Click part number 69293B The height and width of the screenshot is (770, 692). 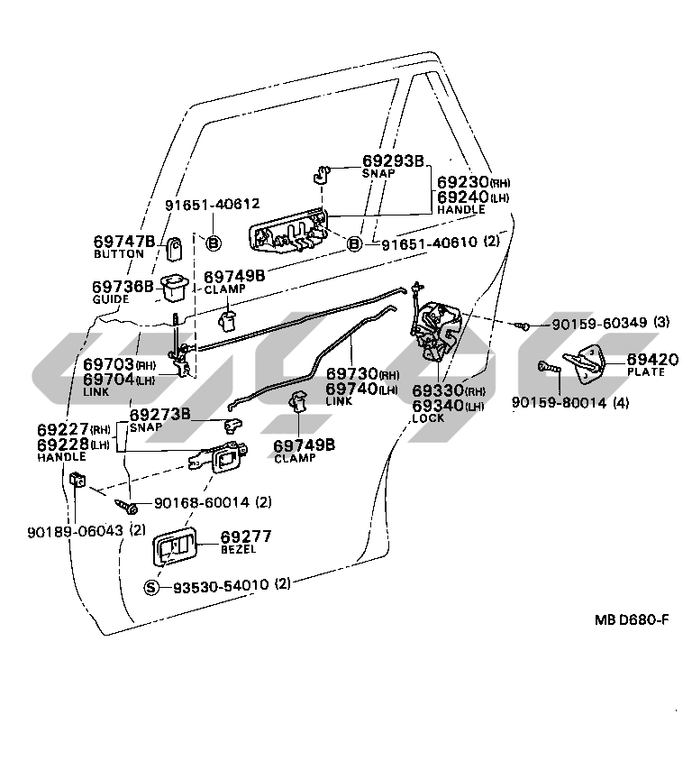[x=393, y=160]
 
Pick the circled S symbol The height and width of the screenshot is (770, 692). [x=152, y=587]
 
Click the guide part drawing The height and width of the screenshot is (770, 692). [x=174, y=289]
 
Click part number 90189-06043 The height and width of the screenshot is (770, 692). [x=74, y=530]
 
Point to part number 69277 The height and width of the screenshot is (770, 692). [x=245, y=536]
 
